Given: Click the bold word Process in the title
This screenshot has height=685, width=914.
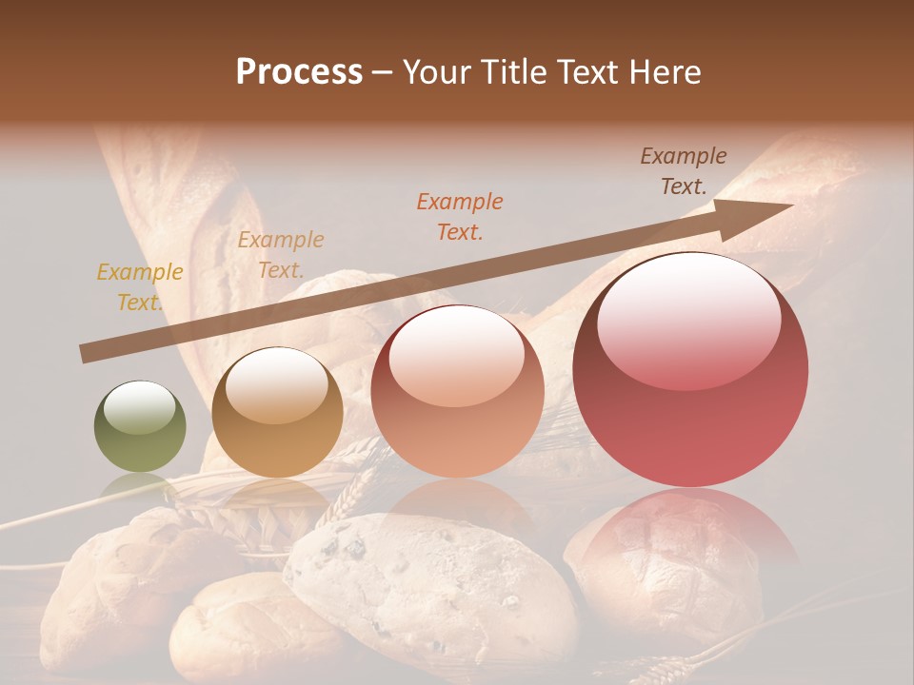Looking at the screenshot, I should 299,72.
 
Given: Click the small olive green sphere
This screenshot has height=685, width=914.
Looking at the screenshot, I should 140,426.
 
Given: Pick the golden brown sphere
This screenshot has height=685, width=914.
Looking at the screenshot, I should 277,412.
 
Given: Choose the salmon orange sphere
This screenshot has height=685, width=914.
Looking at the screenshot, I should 457,392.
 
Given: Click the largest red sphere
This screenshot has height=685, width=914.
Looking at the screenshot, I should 690,371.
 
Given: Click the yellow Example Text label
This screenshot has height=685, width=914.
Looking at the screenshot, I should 139,287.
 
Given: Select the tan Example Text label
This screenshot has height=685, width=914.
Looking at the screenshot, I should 280,255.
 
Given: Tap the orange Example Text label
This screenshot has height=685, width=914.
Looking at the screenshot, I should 459,216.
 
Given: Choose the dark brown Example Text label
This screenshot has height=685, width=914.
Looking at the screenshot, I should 683,171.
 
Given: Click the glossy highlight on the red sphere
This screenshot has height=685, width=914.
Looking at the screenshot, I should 688,320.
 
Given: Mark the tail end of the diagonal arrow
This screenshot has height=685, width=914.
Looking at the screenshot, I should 84,355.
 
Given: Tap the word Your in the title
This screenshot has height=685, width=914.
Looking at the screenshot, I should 434,72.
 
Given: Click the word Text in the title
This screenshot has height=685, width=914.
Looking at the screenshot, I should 585,72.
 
